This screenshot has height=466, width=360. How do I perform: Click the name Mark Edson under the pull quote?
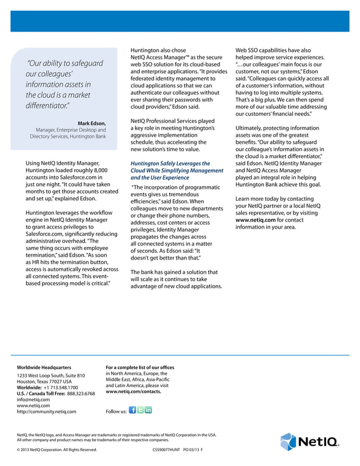pyautogui.click(x=91, y=124)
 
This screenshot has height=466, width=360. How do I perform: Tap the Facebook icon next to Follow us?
pyautogui.click(x=132, y=410)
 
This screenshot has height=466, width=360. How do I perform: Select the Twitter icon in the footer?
pyautogui.click(x=141, y=410)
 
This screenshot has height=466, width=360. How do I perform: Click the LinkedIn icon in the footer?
pyautogui.click(x=148, y=410)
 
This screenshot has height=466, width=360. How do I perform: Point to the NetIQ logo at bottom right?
pyautogui.click(x=310, y=442)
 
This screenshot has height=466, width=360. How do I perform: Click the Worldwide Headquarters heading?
pyautogui.click(x=44, y=368)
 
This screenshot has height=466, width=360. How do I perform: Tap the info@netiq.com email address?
pyautogui.click(x=33, y=399)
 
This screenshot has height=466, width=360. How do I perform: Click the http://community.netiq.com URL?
pyautogui.click(x=46, y=412)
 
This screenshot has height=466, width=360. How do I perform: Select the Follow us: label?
pyautogui.click(x=116, y=412)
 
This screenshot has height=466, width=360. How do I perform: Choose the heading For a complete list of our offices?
pyautogui.click(x=140, y=368)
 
